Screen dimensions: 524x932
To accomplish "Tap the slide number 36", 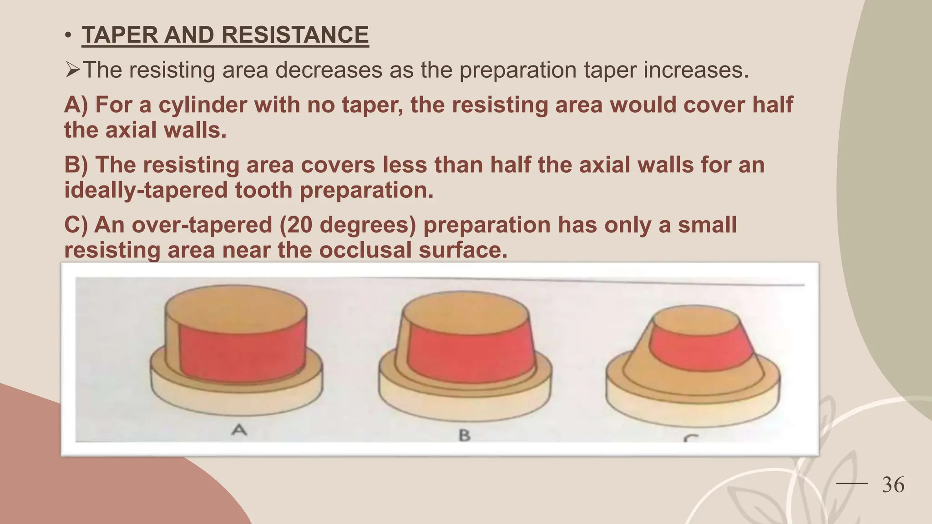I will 893,485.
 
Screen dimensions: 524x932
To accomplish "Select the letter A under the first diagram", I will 239,429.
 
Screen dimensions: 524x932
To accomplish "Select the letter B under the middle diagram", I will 464,435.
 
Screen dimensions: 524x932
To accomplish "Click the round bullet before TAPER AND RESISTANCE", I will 68,35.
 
